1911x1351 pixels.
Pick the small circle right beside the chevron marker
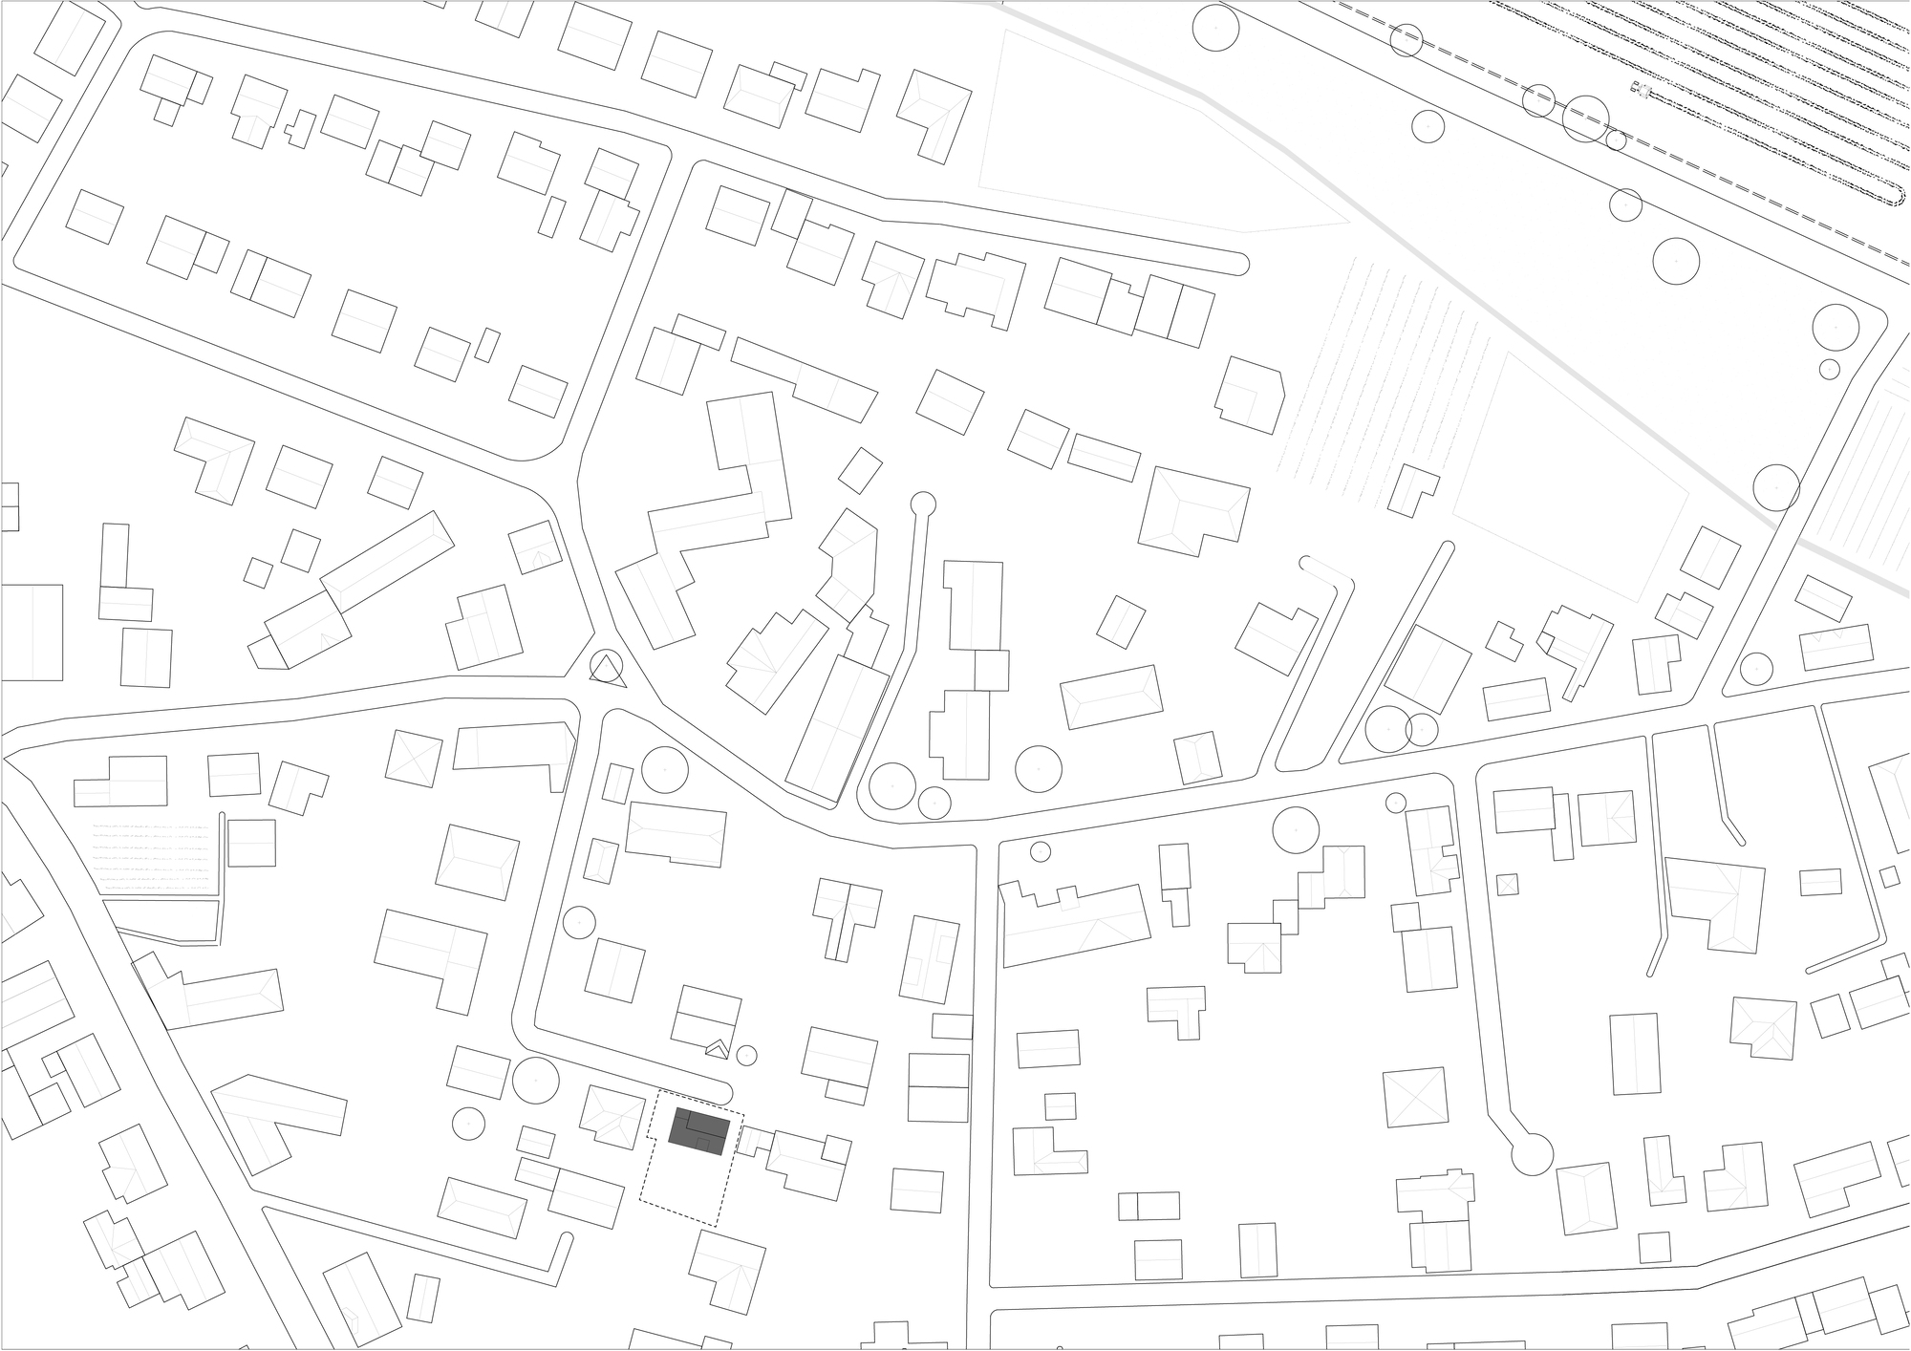tap(747, 1056)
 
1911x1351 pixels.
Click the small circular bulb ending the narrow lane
tap(923, 504)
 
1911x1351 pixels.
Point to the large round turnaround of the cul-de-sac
tap(1533, 1154)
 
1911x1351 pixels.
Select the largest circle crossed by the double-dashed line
tap(1585, 119)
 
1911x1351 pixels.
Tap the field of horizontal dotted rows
tap(158, 855)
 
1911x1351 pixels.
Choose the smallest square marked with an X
tap(1507, 885)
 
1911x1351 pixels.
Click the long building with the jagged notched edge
tap(1075, 923)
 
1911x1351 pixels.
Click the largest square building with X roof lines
tap(1416, 1098)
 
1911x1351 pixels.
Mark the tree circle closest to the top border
tap(1215, 28)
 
